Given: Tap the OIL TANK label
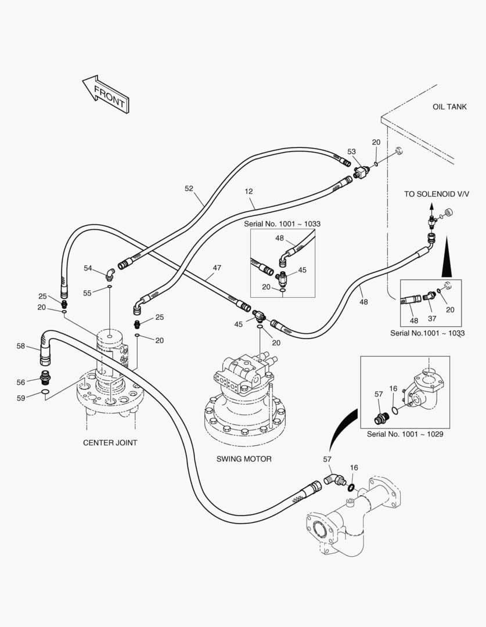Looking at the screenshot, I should point(449,107).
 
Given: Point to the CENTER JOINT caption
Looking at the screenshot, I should point(110,442).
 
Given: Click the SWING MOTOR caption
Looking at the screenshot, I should point(244,459).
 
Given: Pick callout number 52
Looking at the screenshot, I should point(189,188).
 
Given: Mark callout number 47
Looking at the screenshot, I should point(217,268).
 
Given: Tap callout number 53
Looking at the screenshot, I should point(352,152).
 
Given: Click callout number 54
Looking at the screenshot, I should point(88,268).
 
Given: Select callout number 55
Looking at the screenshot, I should point(87,293).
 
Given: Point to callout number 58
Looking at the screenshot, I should point(20,346).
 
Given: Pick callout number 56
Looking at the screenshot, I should point(20,382).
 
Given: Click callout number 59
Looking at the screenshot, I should point(20,398).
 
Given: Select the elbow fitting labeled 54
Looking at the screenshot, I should point(109,273).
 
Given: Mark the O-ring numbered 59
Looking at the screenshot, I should point(45,396).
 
